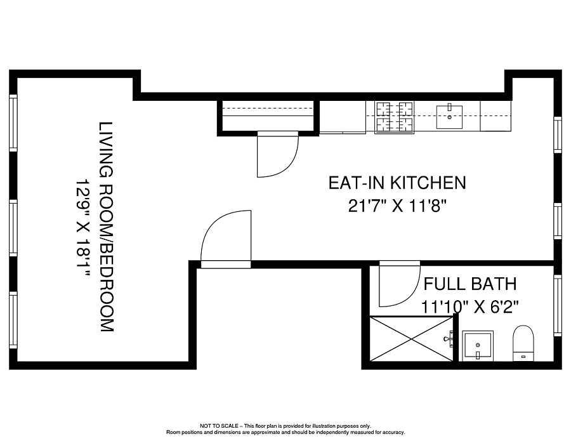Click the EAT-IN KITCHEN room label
(397, 183)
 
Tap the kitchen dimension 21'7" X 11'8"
(397, 206)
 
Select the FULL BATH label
(470, 284)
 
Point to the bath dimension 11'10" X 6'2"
(469, 306)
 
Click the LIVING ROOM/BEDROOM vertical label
(107, 227)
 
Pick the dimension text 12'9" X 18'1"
(82, 228)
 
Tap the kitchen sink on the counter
(449, 117)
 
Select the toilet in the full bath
(523, 343)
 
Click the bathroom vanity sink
(477, 346)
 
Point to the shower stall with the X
(412, 339)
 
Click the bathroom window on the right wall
(558, 305)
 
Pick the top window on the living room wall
(13, 122)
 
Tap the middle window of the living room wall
(13, 227)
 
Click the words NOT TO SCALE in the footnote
(219, 426)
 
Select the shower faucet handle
(449, 339)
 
